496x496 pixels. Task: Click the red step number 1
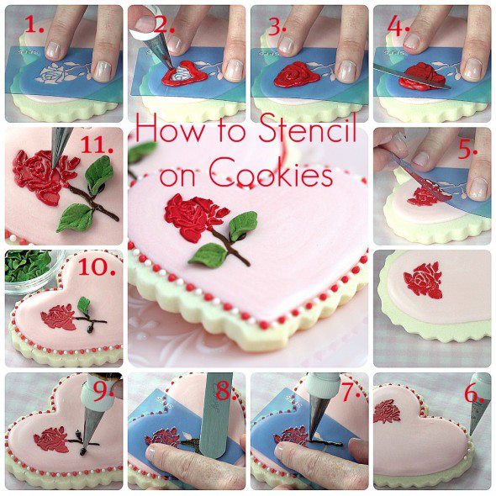[x=34, y=24]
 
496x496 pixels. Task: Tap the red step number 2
[x=164, y=24]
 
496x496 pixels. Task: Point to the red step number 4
[x=398, y=25]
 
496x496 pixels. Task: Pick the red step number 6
[x=473, y=393]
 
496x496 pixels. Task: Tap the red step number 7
[x=351, y=393]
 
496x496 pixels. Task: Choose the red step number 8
[x=224, y=391]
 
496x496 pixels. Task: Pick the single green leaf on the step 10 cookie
[x=84, y=305]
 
